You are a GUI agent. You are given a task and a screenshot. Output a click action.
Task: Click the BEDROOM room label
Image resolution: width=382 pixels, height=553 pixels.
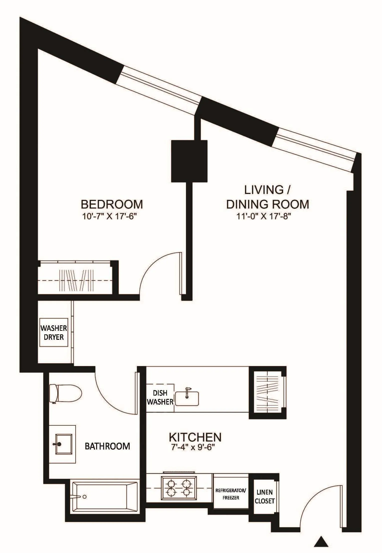112,204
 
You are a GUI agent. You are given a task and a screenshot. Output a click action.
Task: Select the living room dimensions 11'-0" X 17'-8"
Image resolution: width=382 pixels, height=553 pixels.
264,216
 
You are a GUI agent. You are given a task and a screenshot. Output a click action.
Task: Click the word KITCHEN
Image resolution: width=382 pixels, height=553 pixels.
195,437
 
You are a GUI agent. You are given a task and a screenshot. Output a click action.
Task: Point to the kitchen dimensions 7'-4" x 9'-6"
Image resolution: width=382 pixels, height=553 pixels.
193,447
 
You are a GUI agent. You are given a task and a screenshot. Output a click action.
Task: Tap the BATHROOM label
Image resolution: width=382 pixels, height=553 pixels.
107,446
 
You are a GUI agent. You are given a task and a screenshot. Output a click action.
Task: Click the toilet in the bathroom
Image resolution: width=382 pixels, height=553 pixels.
66,394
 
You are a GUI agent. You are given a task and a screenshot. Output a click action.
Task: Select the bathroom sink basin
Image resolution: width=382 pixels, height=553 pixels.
64,444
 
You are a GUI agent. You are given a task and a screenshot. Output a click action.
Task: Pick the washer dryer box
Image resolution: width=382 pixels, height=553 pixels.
54,333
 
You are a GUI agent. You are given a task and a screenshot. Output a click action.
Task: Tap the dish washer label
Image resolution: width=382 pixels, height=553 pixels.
160,398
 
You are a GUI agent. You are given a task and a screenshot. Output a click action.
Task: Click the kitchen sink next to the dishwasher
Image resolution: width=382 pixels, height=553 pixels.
187,399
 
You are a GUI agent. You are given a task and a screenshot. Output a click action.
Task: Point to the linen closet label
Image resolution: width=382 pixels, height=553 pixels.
265,496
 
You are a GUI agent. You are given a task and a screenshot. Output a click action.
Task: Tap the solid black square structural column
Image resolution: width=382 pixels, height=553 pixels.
189,161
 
